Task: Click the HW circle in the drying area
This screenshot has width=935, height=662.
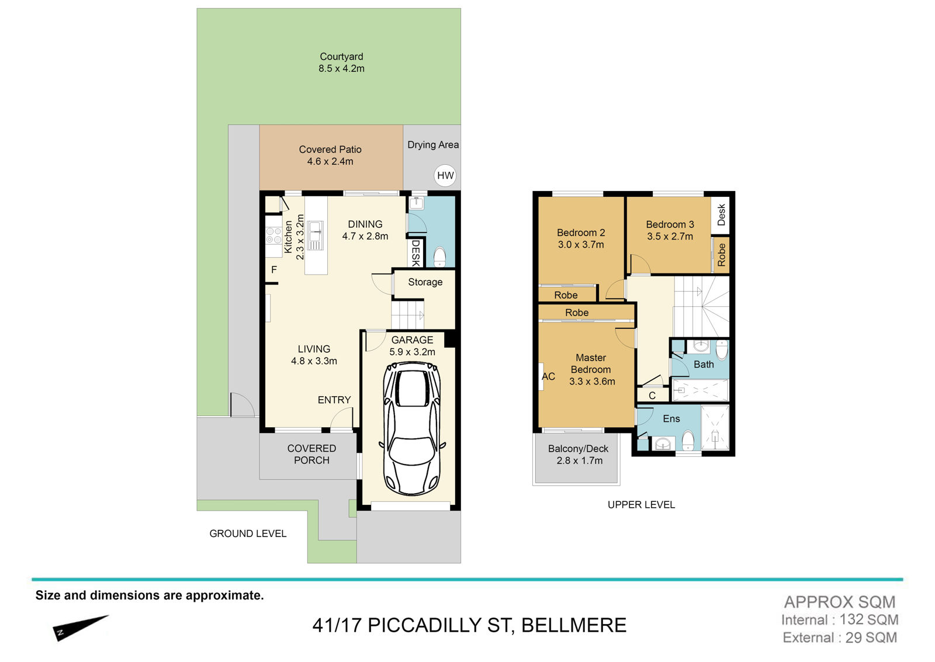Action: tap(445, 175)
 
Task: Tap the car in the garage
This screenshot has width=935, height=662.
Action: tap(412, 429)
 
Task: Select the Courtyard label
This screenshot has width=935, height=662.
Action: tap(341, 56)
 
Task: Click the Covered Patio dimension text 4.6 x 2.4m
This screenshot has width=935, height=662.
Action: tap(330, 161)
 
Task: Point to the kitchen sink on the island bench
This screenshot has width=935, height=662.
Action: tap(316, 235)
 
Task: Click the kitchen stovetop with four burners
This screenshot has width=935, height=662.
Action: tap(274, 236)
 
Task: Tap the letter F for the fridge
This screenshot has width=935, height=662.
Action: tap(274, 269)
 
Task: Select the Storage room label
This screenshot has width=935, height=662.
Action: tap(425, 282)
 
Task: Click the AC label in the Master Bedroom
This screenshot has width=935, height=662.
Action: tap(549, 376)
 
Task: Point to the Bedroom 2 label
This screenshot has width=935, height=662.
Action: tap(581, 233)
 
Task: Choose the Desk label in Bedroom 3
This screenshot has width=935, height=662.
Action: tap(721, 215)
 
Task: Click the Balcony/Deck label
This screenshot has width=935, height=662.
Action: tap(578, 449)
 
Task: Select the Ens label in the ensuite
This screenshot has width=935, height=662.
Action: tap(671, 419)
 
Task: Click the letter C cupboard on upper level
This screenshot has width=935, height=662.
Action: tap(652, 396)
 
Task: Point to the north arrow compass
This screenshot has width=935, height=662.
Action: tap(80, 628)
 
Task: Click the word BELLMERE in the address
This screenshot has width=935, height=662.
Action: tap(574, 625)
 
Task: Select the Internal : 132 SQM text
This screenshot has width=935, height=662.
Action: tap(840, 620)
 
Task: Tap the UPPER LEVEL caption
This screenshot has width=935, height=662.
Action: tap(641, 505)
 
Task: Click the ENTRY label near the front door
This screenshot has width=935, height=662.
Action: tap(334, 400)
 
